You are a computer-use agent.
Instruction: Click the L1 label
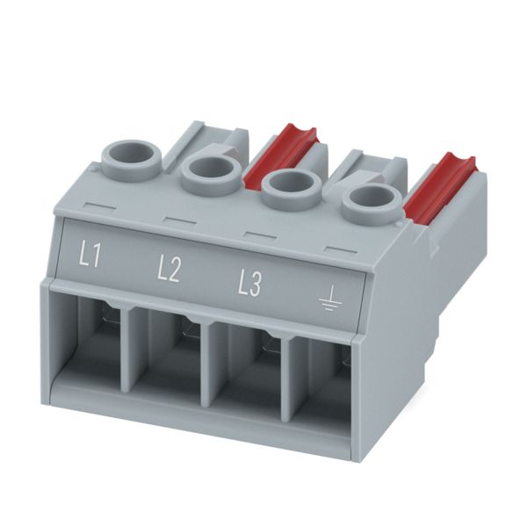[90, 256]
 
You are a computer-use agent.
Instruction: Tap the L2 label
[169, 271]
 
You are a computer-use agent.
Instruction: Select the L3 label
[249, 285]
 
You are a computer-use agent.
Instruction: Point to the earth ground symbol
[331, 299]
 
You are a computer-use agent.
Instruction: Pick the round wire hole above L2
[212, 172]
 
